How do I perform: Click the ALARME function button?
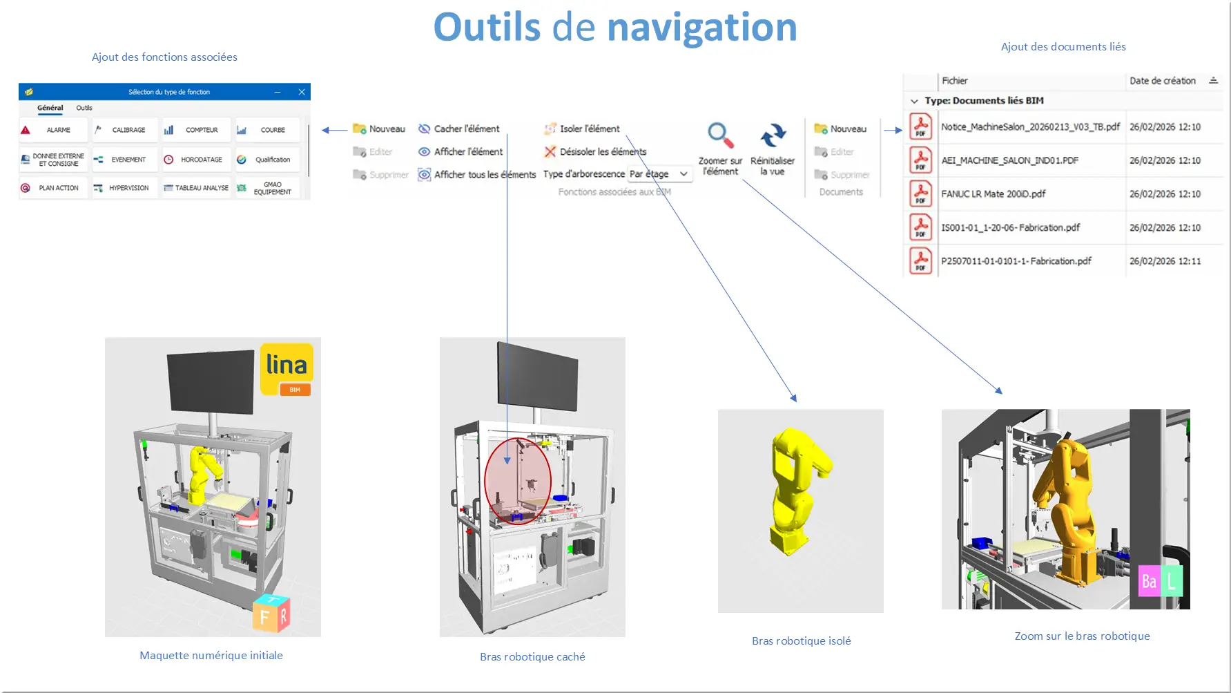pyautogui.click(x=53, y=130)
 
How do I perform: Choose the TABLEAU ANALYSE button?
pyautogui.click(x=197, y=188)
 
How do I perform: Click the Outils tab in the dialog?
pyautogui.click(x=84, y=108)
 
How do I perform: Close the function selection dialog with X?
pyautogui.click(x=302, y=92)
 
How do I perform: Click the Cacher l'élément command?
pyautogui.click(x=459, y=129)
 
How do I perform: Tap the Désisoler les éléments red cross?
pyautogui.click(x=550, y=152)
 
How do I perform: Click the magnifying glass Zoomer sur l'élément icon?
pyautogui.click(x=720, y=135)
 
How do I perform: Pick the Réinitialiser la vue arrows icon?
pyautogui.click(x=773, y=135)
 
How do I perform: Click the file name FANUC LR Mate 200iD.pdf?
pyautogui.click(x=993, y=194)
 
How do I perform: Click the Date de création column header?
pyautogui.click(x=1163, y=81)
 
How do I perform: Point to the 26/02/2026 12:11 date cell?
pyautogui.click(x=1165, y=261)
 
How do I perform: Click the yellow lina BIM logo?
pyautogui.click(x=287, y=369)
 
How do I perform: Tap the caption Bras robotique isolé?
pyautogui.click(x=801, y=641)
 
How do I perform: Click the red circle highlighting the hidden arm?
pyautogui.click(x=518, y=481)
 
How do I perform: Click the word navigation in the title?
pyautogui.click(x=701, y=28)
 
